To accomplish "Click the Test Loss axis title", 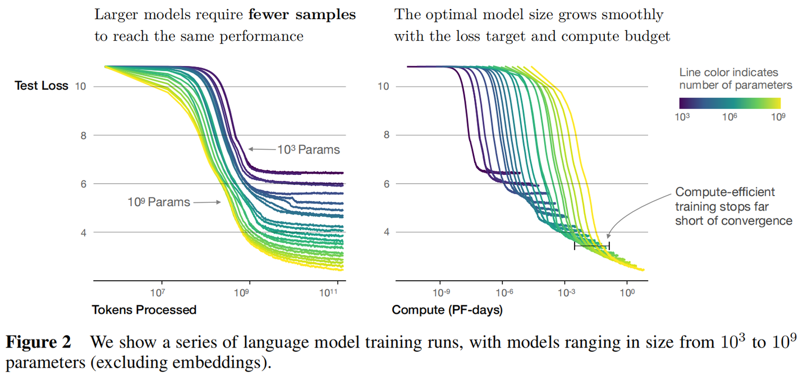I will [41, 86].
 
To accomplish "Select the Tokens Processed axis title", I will [144, 309].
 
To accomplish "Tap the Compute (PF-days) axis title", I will [447, 309].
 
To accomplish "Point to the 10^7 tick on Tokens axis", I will [158, 292].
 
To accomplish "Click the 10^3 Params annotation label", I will [308, 150].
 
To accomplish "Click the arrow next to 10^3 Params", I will [261, 149].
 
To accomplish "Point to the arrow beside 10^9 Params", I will [206, 202].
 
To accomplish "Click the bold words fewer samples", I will [302, 15].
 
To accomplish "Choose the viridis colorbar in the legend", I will [729, 103].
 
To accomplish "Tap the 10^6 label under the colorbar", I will [729, 117].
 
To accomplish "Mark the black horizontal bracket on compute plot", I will [591, 245].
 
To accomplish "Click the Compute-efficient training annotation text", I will [733, 206].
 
